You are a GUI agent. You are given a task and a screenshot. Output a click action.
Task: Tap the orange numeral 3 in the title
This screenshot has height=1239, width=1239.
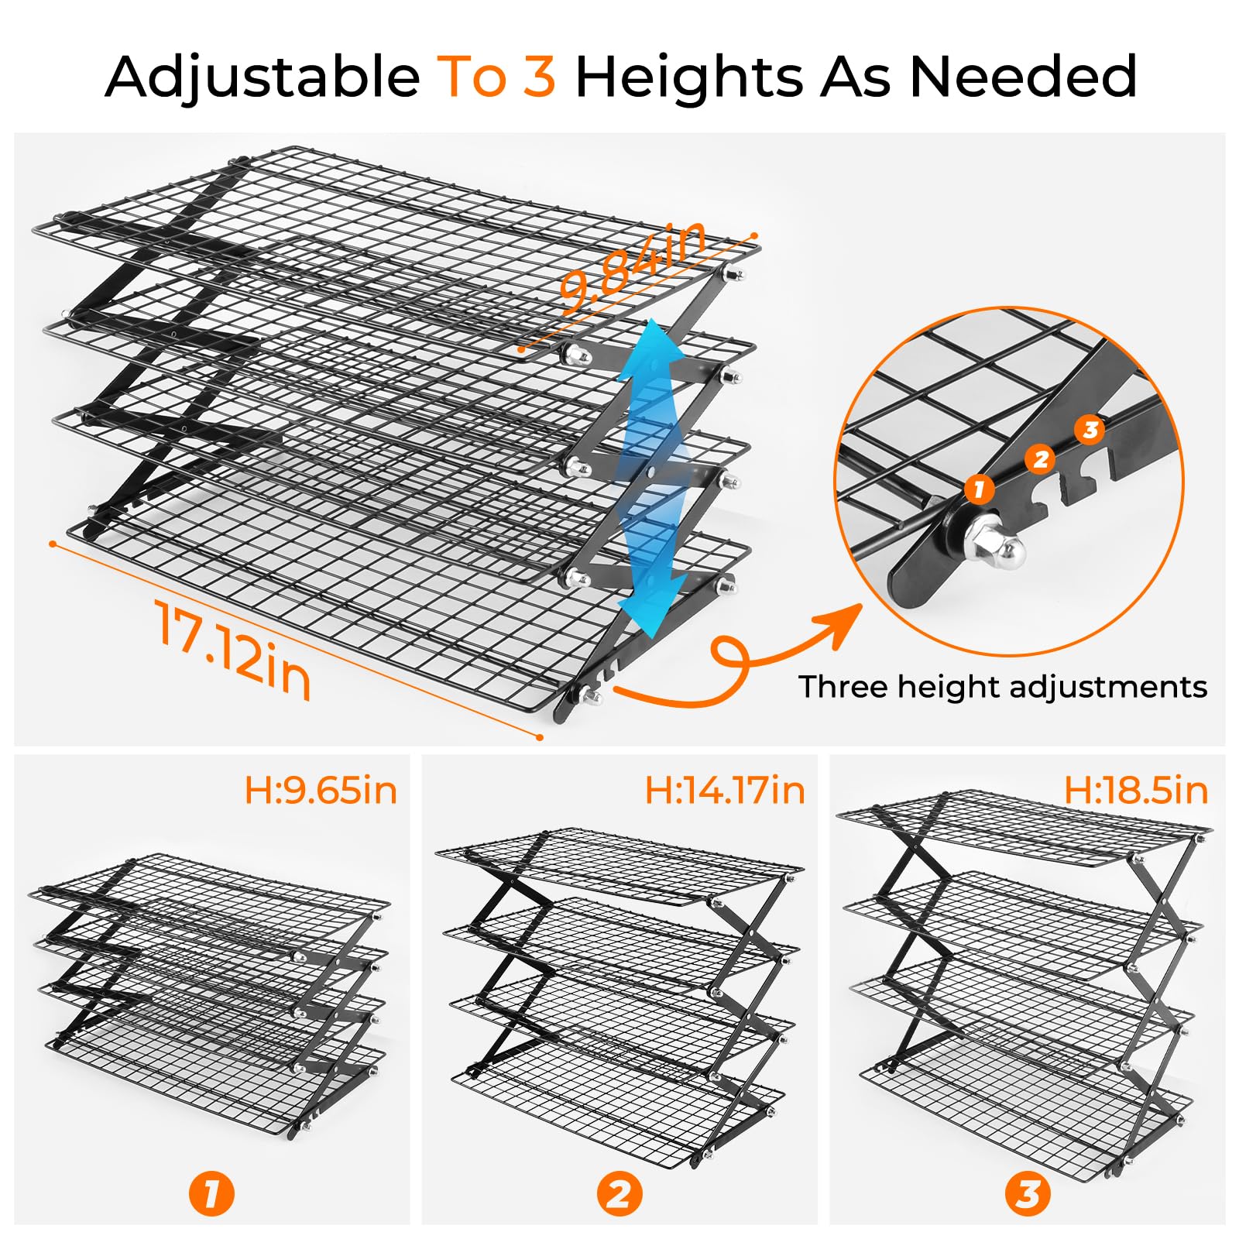(539, 76)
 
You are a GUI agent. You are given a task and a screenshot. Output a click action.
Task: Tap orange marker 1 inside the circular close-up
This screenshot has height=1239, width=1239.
(980, 489)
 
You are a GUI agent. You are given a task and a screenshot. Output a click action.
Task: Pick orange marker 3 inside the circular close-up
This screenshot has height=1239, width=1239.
(1090, 429)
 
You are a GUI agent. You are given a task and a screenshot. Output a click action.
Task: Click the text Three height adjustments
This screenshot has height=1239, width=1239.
(1003, 687)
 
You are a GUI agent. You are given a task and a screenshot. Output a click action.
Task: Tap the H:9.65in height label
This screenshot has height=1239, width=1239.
(321, 791)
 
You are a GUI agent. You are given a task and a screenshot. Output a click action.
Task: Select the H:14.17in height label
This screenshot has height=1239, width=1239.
(725, 791)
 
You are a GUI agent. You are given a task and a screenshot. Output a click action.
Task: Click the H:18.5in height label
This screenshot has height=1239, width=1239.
(1136, 791)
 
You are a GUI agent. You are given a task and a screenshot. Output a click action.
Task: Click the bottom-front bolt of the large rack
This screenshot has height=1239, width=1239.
(592, 696)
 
